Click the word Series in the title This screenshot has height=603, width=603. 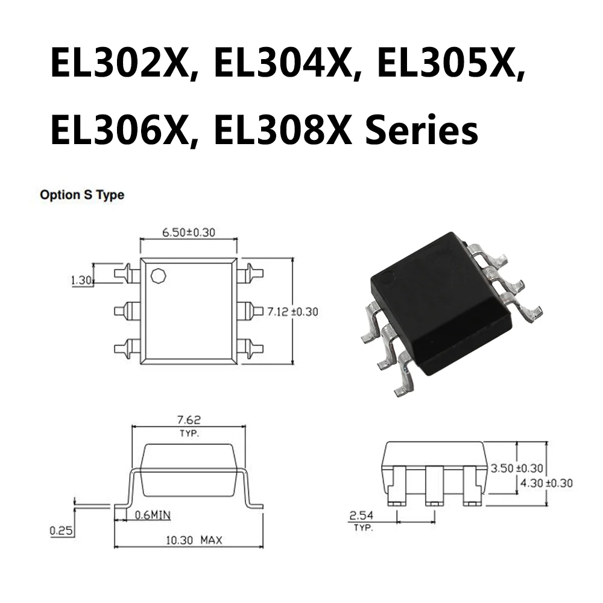pos(422,129)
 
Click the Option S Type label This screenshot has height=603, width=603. pos(82,195)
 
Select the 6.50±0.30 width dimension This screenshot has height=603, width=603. pos(189,232)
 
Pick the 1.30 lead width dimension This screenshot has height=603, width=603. pos(81,280)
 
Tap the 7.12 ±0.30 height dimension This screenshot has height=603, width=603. pos(292,312)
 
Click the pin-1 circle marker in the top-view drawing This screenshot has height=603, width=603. pos(159,276)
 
